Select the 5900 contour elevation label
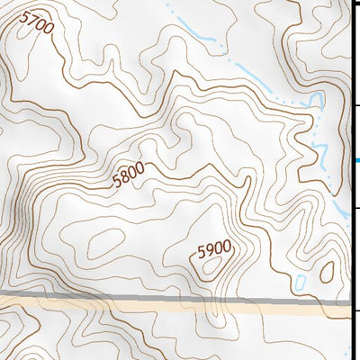point(215,247)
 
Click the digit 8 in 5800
point(124,177)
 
